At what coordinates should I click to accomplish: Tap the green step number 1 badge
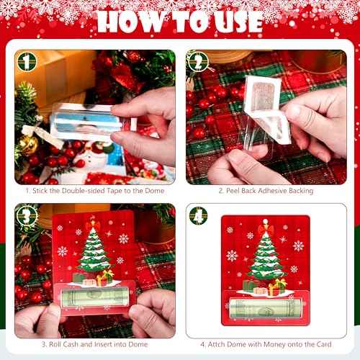click(x=26, y=62)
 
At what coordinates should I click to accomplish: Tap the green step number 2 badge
click(x=197, y=62)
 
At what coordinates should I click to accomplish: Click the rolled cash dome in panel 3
click(x=94, y=297)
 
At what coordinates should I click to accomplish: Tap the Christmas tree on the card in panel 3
click(x=94, y=248)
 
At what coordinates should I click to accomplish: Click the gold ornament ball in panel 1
click(x=28, y=145)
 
